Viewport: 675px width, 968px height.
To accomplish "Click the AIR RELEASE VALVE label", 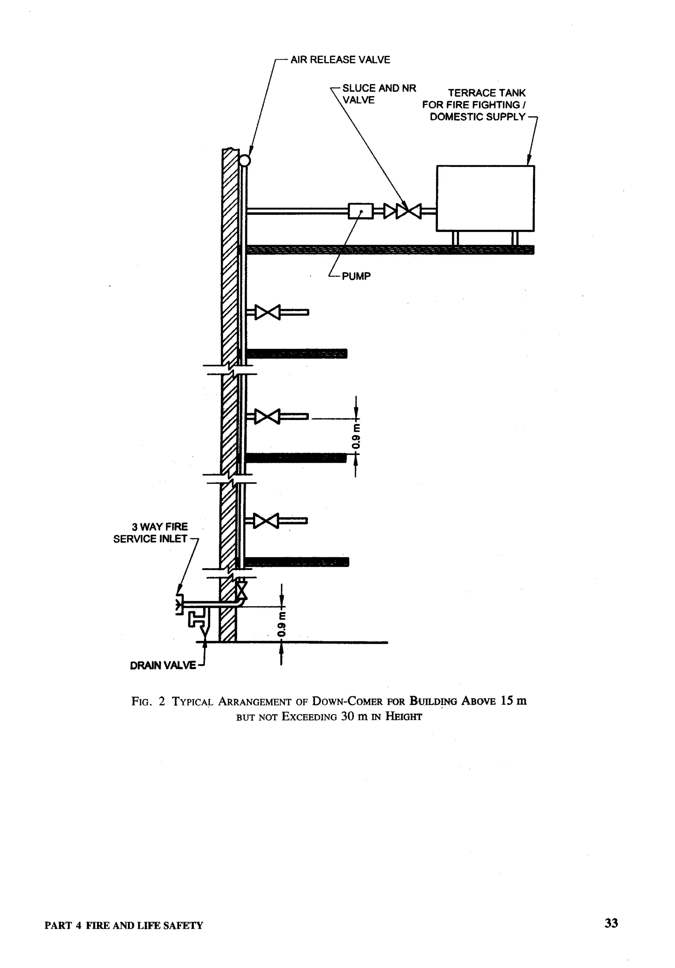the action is click(x=340, y=60).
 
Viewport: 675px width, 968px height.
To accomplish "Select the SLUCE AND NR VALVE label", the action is click(x=379, y=94).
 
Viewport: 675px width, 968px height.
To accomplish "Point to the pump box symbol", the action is click(x=361, y=211).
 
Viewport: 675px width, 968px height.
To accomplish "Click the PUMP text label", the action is click(x=356, y=277).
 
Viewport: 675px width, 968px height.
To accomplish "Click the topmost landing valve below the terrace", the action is click(x=268, y=312).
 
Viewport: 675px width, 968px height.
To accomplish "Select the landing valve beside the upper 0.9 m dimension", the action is click(x=268, y=417).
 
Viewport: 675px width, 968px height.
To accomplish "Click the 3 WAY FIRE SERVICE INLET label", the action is click(x=150, y=533).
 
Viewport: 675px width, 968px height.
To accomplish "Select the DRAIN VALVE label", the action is click(x=162, y=666).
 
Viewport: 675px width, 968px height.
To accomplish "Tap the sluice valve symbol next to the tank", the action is click(x=409, y=211).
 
